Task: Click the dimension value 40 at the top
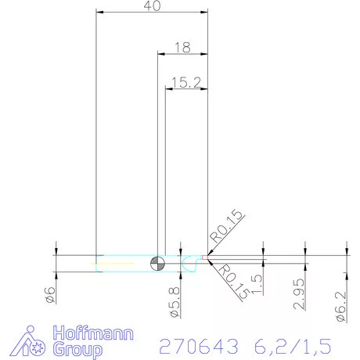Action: tap(153, 6)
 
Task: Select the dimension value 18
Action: tap(184, 48)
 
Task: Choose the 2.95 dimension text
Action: tap(298, 295)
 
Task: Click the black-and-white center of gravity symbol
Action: tap(159, 262)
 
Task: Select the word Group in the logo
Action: tap(77, 348)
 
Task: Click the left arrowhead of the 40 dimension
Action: tap(99, 12)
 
